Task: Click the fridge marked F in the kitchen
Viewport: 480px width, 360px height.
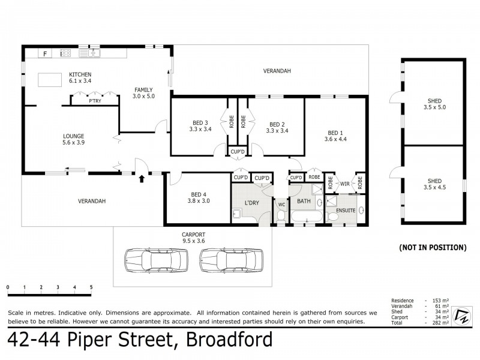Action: click(45, 54)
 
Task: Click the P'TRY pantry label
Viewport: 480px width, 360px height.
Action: click(95, 101)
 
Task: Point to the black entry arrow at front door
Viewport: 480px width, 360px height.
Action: click(142, 178)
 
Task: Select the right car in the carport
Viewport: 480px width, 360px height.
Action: click(230, 261)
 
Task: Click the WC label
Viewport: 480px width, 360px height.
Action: click(281, 205)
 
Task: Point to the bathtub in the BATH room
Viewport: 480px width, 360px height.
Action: click(307, 217)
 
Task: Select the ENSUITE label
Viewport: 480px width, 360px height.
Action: click(346, 211)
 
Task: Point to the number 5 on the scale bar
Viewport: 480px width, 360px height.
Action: click(91, 287)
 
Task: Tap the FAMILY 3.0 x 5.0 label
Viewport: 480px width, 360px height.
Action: click(144, 92)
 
